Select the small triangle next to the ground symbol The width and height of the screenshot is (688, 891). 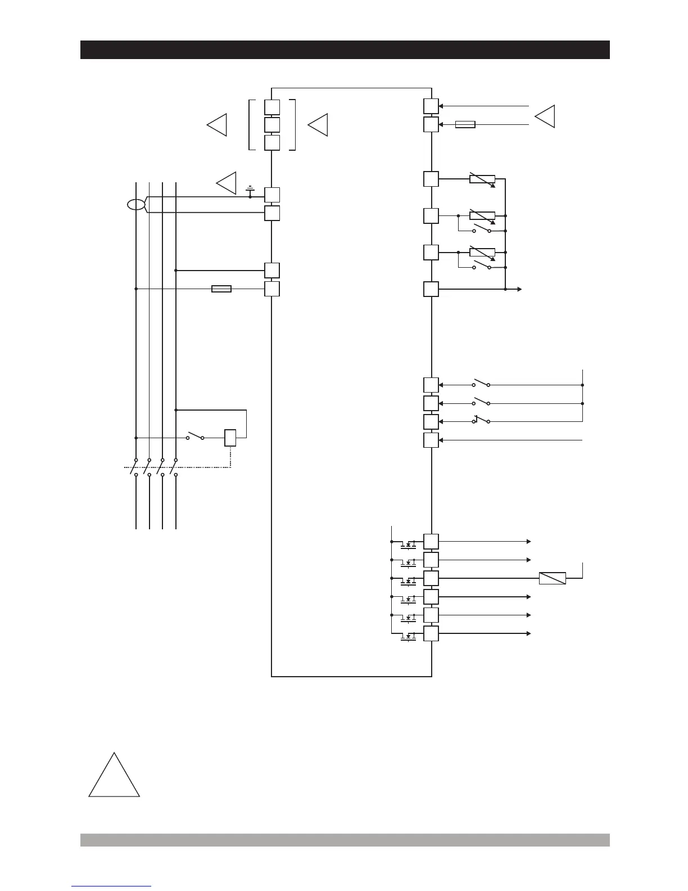coord(227,183)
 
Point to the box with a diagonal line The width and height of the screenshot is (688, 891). coord(552,578)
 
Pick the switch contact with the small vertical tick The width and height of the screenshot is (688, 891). coord(481,421)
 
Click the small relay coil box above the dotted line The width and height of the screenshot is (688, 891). coord(230,438)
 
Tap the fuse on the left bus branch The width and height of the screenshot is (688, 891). coord(221,289)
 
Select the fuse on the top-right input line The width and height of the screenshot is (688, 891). coord(465,124)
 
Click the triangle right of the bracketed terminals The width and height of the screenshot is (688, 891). coord(319,124)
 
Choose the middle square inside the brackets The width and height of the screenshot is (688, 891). coord(272,125)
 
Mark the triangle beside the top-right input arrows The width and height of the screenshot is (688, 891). coord(545,116)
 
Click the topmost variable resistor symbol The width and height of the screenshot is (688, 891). coord(482,179)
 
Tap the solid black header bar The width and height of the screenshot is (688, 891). coord(345,49)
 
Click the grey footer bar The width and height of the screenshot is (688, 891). coord(345,840)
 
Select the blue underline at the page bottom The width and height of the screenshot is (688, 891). coord(111,886)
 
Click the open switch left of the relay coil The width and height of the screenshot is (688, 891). coord(194,436)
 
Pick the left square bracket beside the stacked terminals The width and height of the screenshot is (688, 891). coord(251,125)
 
